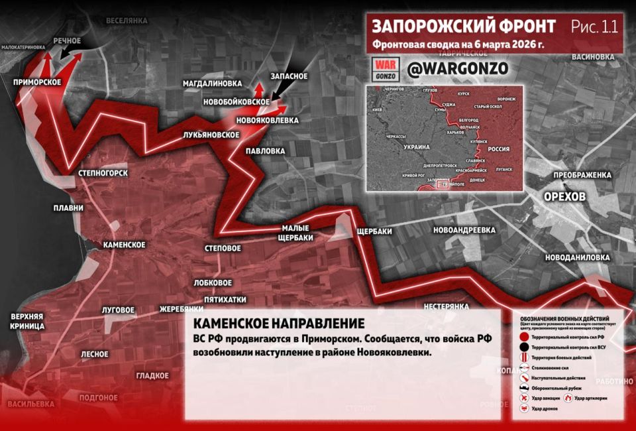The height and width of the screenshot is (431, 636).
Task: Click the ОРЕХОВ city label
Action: point(564,198)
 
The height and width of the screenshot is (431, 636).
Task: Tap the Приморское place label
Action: point(37,82)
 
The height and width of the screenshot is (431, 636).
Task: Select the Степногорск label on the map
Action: point(103,173)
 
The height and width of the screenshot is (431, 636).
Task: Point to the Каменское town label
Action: point(125,245)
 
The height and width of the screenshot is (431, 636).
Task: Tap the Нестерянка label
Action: point(447,306)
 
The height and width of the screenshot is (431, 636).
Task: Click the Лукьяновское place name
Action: point(211,135)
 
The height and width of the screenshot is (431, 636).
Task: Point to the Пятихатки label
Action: point(225,299)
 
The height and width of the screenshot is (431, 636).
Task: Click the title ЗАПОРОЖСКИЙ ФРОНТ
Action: point(464,27)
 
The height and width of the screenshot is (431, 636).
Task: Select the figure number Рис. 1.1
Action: point(594,27)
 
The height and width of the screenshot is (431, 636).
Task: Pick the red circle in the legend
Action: point(523,338)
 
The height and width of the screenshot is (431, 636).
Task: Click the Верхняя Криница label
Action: point(27,321)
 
